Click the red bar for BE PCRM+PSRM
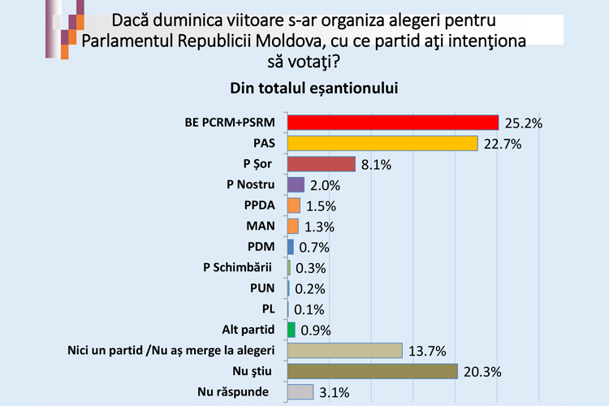[393, 123]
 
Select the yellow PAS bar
[382, 144]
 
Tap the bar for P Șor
[322, 164]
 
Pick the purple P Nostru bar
[296, 185]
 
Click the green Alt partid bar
[292, 330]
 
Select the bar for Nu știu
[373, 371]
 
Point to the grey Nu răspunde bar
[300, 391]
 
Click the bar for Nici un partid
[345, 350]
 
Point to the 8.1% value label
[376, 165]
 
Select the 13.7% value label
[425, 352]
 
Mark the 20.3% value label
[482, 372]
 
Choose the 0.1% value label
[309, 309]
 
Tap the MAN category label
[261, 226]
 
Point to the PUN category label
[262, 287]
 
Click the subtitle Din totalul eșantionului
[304, 86]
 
